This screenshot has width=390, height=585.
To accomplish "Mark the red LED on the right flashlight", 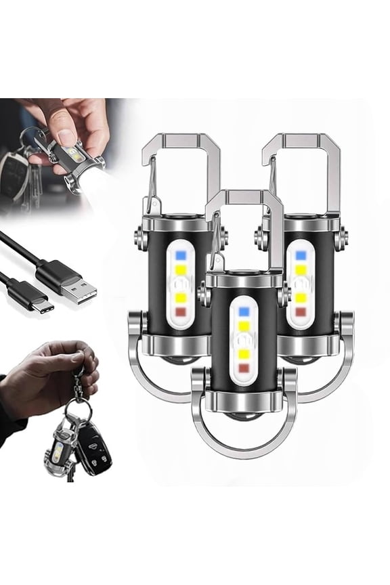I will coord(301,311).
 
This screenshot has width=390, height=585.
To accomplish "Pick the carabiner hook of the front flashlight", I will coord(245,223).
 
